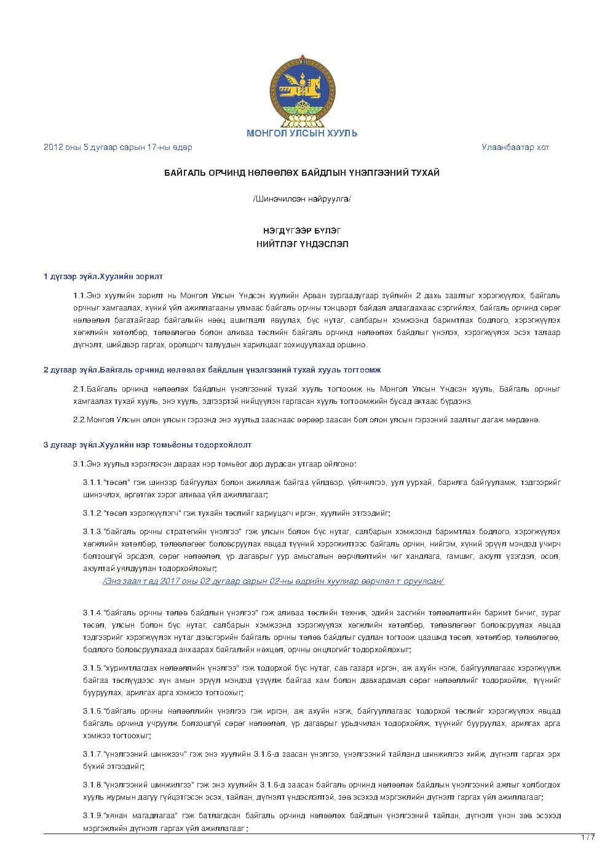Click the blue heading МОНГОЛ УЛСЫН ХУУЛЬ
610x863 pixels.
click(x=302, y=133)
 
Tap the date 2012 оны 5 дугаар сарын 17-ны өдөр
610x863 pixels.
click(x=117, y=148)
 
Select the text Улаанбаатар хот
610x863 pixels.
click(x=515, y=148)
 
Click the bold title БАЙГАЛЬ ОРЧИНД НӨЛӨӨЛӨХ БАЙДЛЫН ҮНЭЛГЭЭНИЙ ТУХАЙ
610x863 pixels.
click(x=302, y=173)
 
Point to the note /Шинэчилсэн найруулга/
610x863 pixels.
click(x=302, y=199)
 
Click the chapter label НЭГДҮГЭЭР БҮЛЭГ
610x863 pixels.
click(x=302, y=231)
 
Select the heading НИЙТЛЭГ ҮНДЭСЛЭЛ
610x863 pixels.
click(x=302, y=244)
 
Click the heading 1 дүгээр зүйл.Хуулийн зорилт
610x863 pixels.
click(x=103, y=277)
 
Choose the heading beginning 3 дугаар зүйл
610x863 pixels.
click(x=147, y=444)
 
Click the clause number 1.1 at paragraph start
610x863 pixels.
click(x=79, y=296)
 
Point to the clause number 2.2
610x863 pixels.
click(x=79, y=420)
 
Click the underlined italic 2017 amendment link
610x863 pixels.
click(x=273, y=581)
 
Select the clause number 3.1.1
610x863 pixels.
click(x=93, y=483)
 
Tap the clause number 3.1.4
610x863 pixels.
click(x=93, y=613)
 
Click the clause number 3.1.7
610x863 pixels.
click(x=93, y=754)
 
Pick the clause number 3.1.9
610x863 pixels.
click(x=93, y=816)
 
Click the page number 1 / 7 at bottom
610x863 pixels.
click(x=588, y=838)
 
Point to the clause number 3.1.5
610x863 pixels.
click(x=93, y=668)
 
